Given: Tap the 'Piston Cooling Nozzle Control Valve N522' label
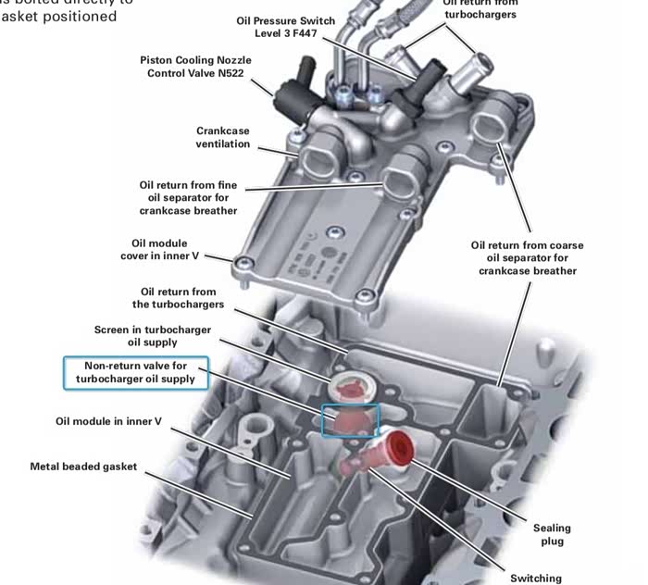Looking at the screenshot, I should pos(195,67).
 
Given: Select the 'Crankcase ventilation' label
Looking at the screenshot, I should pos(222,137).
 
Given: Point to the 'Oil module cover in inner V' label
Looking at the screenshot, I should pos(159,250).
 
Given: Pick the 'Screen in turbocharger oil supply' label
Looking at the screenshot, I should pos(153,336).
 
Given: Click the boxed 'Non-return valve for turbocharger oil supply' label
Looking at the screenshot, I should pos(135,372).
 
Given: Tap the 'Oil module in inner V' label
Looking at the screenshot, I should pos(108,421).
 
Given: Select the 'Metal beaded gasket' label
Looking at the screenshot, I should pos(83,467).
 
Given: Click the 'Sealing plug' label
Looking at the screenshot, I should pos(548,534).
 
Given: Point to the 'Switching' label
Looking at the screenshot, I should pos(535,578).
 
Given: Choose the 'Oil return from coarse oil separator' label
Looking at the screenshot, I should pos(527,258).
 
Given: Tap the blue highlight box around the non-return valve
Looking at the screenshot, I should pos(350,419).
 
